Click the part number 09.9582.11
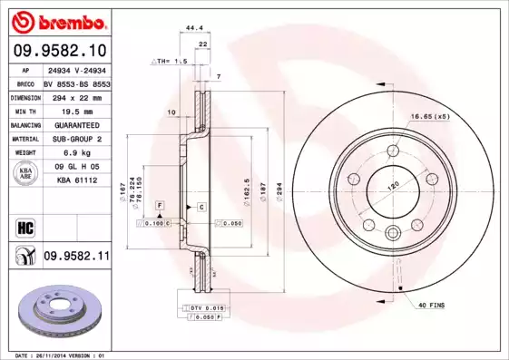point(76,258)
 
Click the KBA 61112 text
point(76,180)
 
